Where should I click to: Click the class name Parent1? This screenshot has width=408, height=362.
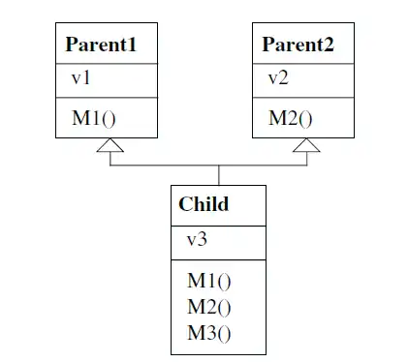tap(99, 45)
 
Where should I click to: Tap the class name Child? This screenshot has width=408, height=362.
tap(204, 204)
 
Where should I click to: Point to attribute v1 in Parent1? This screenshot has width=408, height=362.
tap(80, 79)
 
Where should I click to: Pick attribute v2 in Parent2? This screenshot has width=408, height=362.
tap(279, 79)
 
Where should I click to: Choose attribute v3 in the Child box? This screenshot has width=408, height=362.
tap(197, 240)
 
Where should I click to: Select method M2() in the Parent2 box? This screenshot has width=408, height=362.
tap(291, 119)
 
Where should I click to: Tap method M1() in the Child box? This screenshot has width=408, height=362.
tap(210, 282)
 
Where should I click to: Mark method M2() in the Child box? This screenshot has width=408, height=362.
tap(210, 308)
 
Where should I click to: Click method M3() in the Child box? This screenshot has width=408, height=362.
tap(210, 334)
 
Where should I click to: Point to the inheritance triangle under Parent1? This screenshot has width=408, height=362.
tap(110, 146)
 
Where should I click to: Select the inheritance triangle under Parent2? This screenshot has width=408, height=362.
tap(306, 146)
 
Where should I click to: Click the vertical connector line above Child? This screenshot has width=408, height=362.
tap(219, 175)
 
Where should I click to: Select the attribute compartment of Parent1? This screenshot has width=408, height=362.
tap(107, 79)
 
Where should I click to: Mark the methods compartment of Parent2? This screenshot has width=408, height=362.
tap(305, 119)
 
